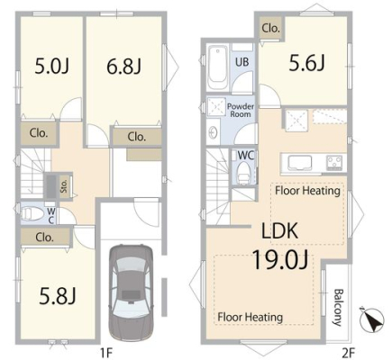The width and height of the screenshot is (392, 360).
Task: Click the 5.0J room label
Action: [52, 67]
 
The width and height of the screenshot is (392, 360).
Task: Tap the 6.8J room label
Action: [123, 67]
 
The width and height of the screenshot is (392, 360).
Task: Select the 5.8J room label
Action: [57, 295]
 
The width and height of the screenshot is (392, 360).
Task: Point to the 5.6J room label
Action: [306, 63]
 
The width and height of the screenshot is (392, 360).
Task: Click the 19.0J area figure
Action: [280, 259]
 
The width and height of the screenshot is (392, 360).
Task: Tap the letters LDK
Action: [279, 231]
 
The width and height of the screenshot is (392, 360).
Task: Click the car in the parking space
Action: [131, 292]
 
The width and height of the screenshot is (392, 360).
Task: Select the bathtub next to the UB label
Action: [218, 67]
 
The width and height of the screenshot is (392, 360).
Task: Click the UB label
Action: [242, 62]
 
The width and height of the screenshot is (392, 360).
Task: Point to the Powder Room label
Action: [241, 110]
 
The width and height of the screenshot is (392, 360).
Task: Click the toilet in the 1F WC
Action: [32, 213]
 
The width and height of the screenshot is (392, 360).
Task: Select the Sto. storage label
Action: [63, 186]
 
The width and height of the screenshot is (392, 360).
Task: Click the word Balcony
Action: [338, 308]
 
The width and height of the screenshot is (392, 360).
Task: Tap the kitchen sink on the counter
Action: [299, 164]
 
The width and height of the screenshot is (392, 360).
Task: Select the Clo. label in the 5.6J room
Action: [270, 29]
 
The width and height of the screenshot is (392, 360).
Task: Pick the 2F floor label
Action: [348, 351]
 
